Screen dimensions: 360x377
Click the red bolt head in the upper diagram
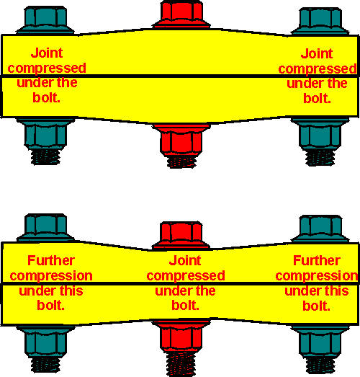[181, 14]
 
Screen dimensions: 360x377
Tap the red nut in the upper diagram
[181, 140]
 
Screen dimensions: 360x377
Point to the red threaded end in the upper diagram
[181, 162]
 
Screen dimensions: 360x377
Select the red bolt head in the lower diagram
[181, 236]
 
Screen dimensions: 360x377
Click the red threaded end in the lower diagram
[181, 364]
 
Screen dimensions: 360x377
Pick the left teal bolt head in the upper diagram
[45, 20]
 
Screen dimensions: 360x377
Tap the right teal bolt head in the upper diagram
[320, 22]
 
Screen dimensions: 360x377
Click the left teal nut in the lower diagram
[45, 342]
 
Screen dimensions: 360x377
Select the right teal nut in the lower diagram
[320, 342]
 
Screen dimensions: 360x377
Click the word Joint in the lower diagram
[185, 261]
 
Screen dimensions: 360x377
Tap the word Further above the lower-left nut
[51, 260]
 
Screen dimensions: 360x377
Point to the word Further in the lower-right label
[317, 260]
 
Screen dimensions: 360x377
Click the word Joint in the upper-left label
[47, 53]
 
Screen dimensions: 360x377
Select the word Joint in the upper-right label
[317, 53]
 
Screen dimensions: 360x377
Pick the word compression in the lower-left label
[51, 276]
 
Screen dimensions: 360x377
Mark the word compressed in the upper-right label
[318, 69]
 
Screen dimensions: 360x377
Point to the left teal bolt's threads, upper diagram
[45, 156]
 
